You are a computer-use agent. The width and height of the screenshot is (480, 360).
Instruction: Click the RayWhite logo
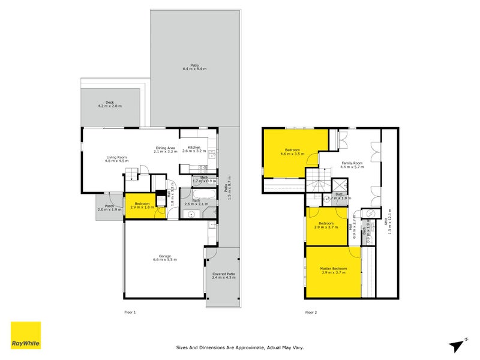pos(26,335)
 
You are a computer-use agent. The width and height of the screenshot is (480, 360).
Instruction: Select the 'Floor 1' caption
pos(130,312)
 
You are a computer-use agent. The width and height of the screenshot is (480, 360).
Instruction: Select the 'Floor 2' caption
pos(311,312)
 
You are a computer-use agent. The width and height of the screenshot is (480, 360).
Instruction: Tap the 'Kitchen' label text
pos(194,148)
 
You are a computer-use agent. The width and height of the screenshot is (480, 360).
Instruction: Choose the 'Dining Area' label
pos(164,148)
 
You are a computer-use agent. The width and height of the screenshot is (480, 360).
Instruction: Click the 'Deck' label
pos(110,103)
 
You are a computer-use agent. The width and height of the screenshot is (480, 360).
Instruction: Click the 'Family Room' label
pos(352,163)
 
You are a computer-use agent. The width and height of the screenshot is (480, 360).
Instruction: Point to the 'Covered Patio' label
pos(223,274)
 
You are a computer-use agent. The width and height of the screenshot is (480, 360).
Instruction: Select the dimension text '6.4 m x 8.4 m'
pos(194,70)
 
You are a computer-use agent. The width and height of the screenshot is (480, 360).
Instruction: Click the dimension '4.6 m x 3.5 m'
pos(292,154)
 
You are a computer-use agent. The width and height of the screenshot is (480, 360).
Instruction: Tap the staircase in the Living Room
pos(131,174)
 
